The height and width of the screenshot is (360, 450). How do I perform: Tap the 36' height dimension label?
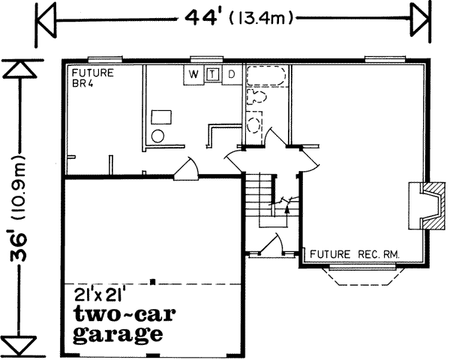pyautogui.click(x=16, y=203)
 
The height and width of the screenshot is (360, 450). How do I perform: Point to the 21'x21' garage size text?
pyautogui.click(x=103, y=293)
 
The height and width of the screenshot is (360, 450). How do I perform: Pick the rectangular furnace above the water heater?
pyautogui.click(x=161, y=116)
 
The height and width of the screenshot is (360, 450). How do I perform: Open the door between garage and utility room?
pyautogui.click(x=185, y=172)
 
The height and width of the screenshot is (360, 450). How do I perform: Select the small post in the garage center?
pyautogui.click(x=152, y=282)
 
